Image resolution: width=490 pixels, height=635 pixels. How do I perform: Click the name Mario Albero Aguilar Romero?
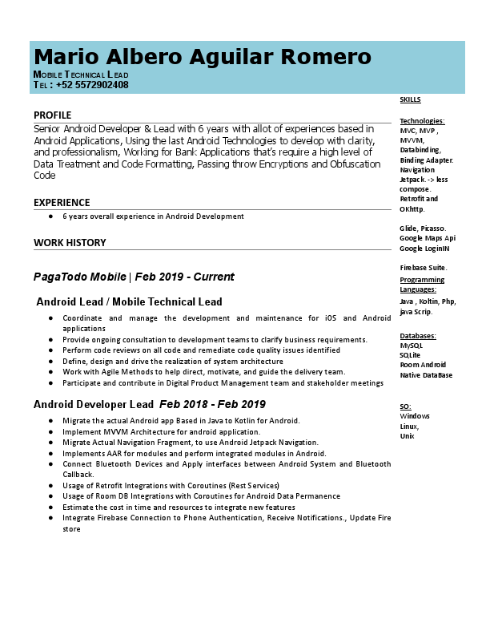(203, 57)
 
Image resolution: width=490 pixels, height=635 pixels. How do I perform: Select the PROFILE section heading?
(52, 115)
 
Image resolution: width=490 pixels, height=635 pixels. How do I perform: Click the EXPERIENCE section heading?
(62, 203)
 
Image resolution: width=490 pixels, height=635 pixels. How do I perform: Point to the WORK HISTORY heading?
(70, 243)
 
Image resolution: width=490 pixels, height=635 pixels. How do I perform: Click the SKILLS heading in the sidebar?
(410, 100)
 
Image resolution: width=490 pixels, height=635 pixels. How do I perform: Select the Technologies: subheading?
(422, 121)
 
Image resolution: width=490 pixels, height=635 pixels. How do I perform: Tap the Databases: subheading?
(417, 336)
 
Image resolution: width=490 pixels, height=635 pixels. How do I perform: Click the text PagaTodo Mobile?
(79, 277)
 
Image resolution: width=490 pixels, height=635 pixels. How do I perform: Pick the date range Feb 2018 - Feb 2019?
(212, 405)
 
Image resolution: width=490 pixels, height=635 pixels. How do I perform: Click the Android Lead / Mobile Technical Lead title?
(130, 302)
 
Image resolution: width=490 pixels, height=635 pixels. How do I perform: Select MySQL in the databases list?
(411, 346)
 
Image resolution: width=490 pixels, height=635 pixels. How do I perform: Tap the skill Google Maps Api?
(428, 238)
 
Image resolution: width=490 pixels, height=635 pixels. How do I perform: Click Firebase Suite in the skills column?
(424, 268)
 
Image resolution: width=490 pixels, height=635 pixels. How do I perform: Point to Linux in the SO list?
(408, 426)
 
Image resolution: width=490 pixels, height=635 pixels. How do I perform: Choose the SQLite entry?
(410, 355)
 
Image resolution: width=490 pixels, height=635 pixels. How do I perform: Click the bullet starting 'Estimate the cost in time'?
(179, 508)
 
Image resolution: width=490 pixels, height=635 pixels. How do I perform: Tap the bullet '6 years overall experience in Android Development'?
(153, 216)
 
